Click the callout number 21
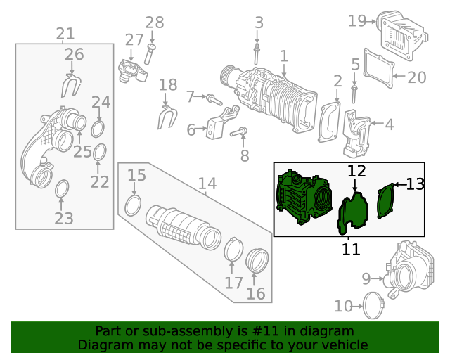65,33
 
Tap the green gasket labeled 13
385,201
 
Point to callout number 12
356,171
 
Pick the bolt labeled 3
257,53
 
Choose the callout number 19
357,21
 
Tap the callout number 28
154,22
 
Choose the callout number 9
366,279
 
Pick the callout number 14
207,184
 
